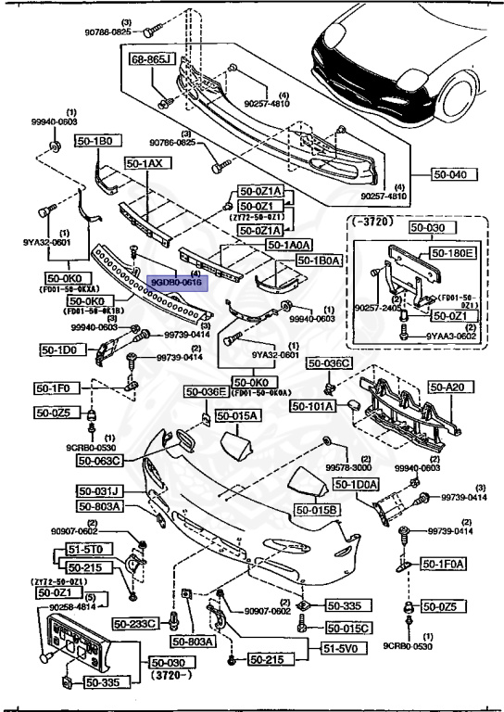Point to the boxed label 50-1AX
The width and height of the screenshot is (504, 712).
point(144,163)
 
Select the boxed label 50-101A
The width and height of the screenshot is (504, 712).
point(316,405)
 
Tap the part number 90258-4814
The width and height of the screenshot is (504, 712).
point(58,607)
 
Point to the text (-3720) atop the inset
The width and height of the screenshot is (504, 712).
point(373,221)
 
